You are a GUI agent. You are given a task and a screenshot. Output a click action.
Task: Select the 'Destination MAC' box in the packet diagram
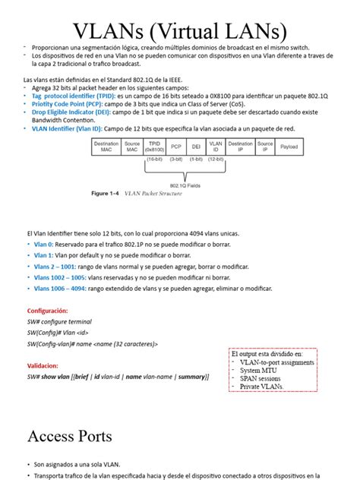106,147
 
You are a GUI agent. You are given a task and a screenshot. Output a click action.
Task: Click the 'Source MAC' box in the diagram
131,147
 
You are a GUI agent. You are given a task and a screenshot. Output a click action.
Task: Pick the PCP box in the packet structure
176,147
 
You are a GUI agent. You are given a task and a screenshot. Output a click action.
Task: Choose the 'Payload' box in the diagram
289,147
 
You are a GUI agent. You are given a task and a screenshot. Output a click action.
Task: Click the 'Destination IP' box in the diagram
241,147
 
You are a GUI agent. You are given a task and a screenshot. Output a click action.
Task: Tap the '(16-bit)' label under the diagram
155,160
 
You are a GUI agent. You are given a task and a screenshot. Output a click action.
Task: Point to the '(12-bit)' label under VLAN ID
216,160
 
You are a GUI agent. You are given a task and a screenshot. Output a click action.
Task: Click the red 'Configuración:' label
48,311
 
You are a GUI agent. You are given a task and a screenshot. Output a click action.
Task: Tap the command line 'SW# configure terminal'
59,322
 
